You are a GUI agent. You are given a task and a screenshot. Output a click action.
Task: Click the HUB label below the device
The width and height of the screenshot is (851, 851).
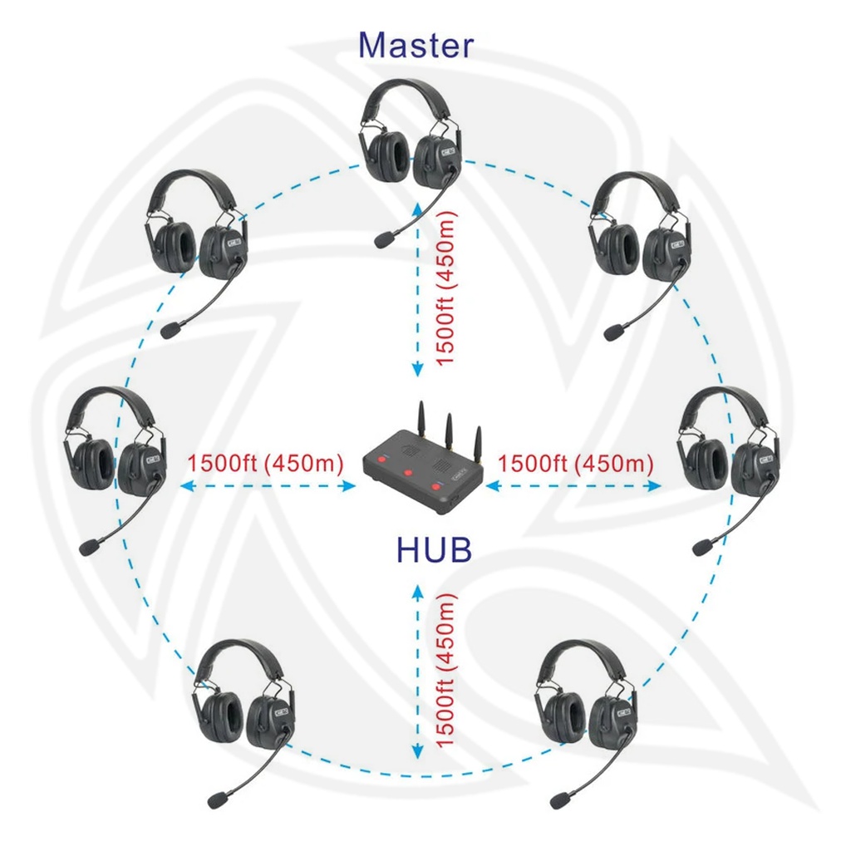click(434, 549)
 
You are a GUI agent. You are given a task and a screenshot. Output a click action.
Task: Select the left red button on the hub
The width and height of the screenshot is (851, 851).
click(383, 460)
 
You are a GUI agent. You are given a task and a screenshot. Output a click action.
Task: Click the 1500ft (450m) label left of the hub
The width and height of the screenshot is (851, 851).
click(266, 463)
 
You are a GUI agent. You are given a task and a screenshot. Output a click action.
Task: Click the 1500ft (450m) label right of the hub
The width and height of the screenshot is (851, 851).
click(575, 463)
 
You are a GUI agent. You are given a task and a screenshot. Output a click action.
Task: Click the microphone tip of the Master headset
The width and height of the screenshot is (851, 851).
click(384, 240)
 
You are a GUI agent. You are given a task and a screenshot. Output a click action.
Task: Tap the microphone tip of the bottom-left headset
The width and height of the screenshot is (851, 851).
click(218, 800)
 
